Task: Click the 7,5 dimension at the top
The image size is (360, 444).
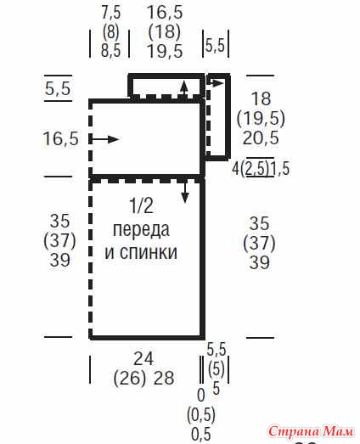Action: (x=111, y=13)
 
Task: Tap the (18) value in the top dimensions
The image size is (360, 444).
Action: (x=165, y=31)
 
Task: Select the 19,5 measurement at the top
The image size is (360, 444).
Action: (x=165, y=51)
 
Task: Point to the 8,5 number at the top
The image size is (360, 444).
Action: (x=110, y=50)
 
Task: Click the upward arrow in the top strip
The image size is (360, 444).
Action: (x=184, y=88)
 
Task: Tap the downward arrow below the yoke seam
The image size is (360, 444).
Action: (x=185, y=193)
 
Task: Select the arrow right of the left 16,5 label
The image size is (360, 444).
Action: (x=104, y=139)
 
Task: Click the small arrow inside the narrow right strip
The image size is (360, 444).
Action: (x=216, y=83)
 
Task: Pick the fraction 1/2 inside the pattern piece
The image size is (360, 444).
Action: (x=142, y=205)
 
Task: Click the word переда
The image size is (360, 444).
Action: (x=141, y=229)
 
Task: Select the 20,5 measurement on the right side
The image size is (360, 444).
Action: (x=261, y=138)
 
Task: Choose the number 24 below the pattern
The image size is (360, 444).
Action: (x=143, y=359)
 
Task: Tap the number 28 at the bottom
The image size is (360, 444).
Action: (x=163, y=378)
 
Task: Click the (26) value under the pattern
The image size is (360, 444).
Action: (x=129, y=379)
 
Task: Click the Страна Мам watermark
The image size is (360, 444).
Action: (x=311, y=431)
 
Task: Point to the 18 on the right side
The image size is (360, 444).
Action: (x=262, y=98)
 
